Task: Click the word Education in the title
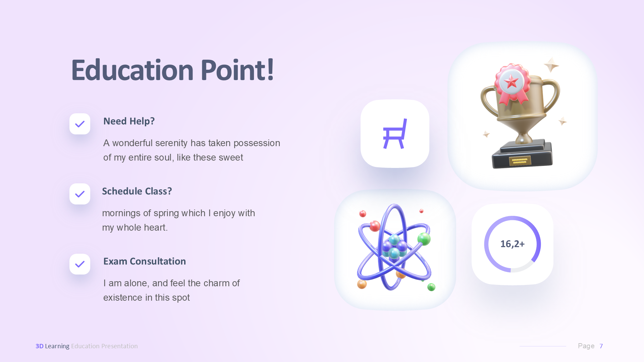(x=132, y=70)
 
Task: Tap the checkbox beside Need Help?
(x=80, y=124)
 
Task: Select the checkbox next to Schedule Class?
(x=80, y=194)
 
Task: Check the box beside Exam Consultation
(x=80, y=264)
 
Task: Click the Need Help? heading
(x=129, y=121)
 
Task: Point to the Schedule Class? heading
(x=137, y=191)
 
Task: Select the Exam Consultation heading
(x=144, y=261)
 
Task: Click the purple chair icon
(x=395, y=134)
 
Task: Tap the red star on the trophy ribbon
(x=511, y=81)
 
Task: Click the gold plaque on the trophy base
(x=520, y=161)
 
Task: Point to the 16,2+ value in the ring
(x=512, y=244)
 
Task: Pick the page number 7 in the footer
(x=601, y=346)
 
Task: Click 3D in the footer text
(x=40, y=346)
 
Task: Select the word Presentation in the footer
(x=119, y=346)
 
